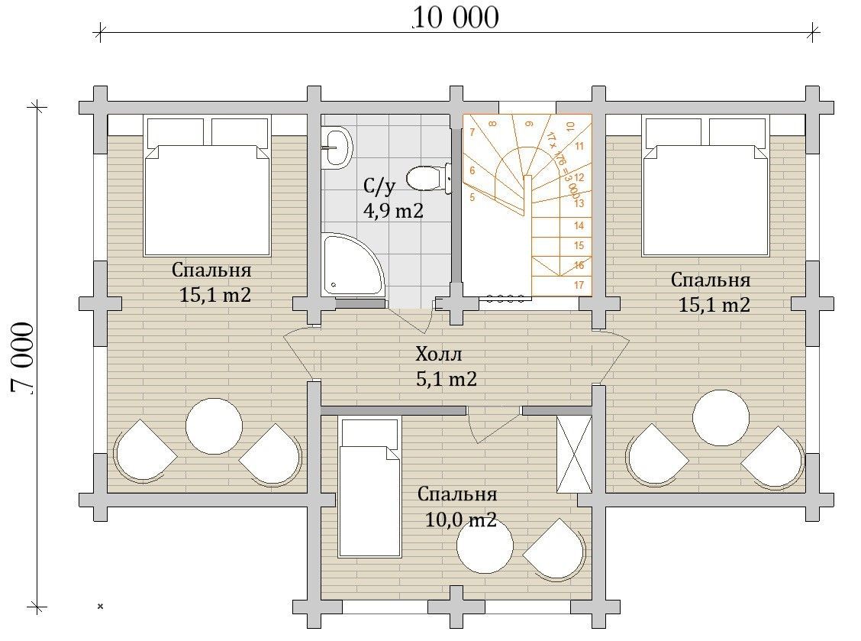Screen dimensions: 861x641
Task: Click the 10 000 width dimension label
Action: pyautogui.click(x=455, y=18)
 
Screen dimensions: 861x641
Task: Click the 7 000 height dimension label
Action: pyautogui.click(x=23, y=358)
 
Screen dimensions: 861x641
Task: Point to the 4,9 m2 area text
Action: pyautogui.click(x=393, y=210)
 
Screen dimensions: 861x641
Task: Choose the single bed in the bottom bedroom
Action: pyautogui.click(x=370, y=487)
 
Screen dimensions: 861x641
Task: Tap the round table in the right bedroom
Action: pyautogui.click(x=721, y=418)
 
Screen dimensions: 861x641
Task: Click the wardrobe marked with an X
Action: pyautogui.click(x=574, y=454)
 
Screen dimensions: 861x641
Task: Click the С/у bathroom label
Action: pyautogui.click(x=379, y=187)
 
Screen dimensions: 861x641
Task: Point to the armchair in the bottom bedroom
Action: pyautogui.click(x=556, y=550)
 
